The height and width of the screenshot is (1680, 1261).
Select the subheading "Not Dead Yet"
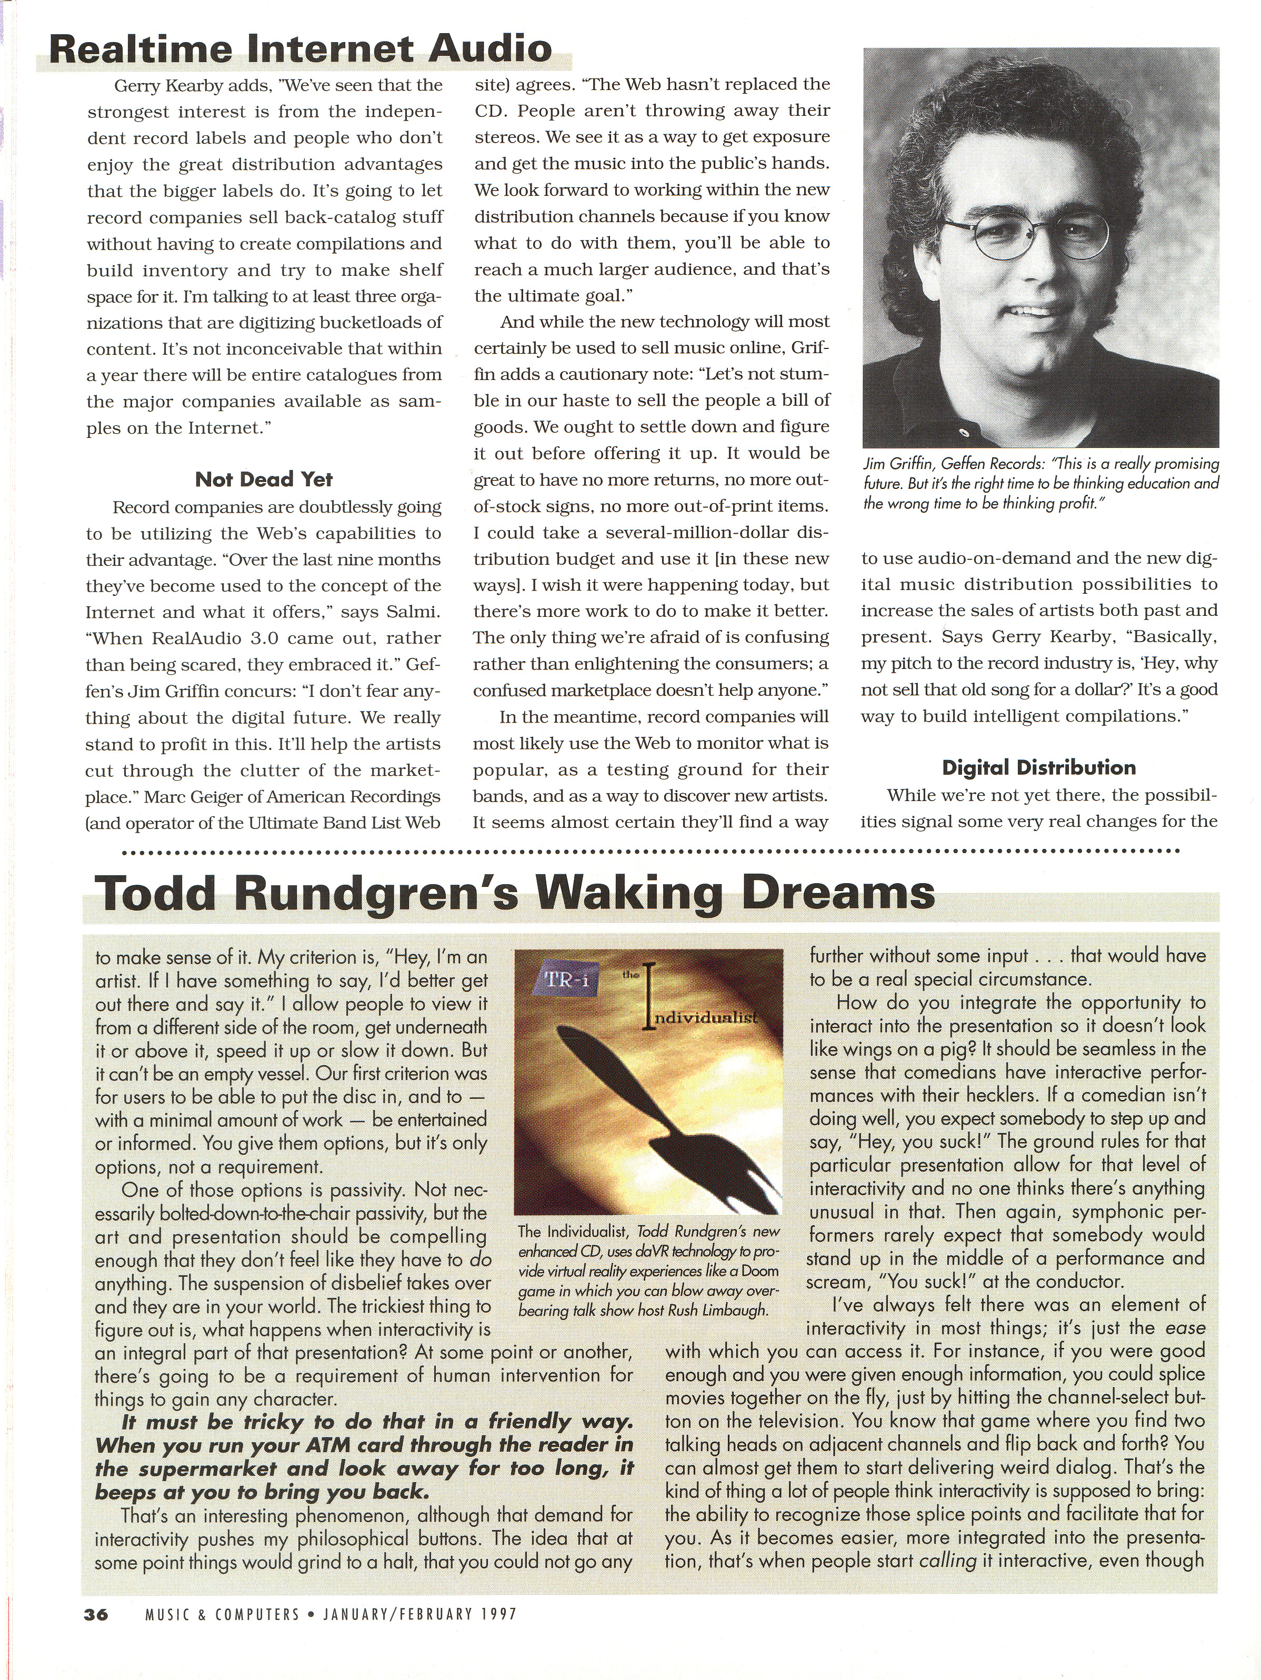pos(264,479)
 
